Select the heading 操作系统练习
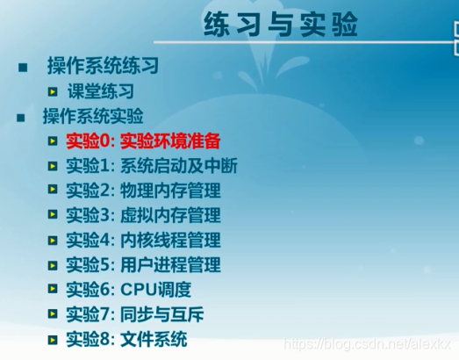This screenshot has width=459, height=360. (x=103, y=67)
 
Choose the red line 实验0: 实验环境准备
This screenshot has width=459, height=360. (x=143, y=140)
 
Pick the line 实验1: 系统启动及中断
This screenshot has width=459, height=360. (x=151, y=165)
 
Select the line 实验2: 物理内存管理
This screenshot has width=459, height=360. (x=143, y=191)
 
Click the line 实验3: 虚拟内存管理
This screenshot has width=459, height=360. (x=143, y=215)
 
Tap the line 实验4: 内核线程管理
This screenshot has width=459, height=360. (x=143, y=240)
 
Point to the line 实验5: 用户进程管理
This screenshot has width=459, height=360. (x=143, y=264)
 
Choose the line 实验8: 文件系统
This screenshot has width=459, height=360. (x=126, y=339)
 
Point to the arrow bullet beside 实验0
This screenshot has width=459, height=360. (x=54, y=141)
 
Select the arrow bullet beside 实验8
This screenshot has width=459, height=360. (x=54, y=339)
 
